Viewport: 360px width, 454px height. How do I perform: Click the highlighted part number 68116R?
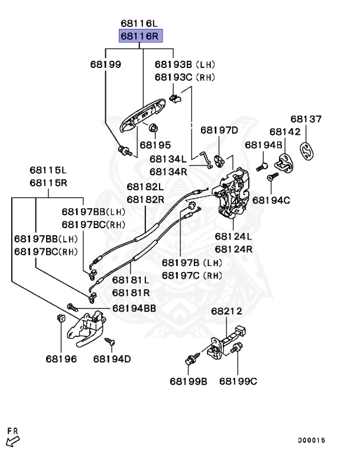pos(140,37)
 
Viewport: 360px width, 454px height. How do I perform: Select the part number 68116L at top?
pos(140,24)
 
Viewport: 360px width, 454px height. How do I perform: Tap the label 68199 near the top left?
pos(106,64)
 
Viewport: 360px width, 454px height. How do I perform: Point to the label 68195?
pos(155,145)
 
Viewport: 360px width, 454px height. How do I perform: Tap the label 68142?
pos(286,132)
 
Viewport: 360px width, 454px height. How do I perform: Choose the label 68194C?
pos(271,200)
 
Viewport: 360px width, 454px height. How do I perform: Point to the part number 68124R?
pos(233,249)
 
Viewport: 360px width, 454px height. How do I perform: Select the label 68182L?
pos(145,187)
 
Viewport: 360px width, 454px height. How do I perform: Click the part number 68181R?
pos(131,292)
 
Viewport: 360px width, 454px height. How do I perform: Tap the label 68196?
pos(61,359)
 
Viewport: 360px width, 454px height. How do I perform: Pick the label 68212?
pos(227,312)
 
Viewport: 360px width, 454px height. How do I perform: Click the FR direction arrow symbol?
pos(12,439)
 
